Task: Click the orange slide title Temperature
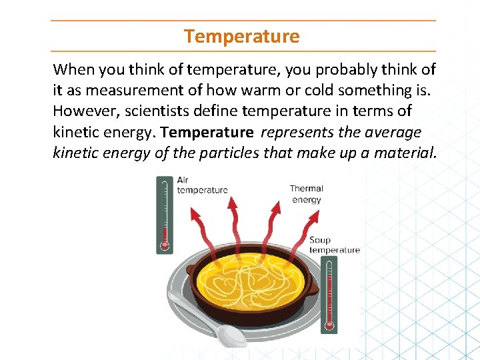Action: click(x=242, y=36)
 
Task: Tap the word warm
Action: click(x=261, y=90)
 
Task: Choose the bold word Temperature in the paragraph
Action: click(x=207, y=132)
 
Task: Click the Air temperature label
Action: click(x=202, y=185)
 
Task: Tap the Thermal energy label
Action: click(x=306, y=194)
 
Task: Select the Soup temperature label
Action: click(x=334, y=245)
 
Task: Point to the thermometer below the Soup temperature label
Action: click(x=329, y=297)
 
